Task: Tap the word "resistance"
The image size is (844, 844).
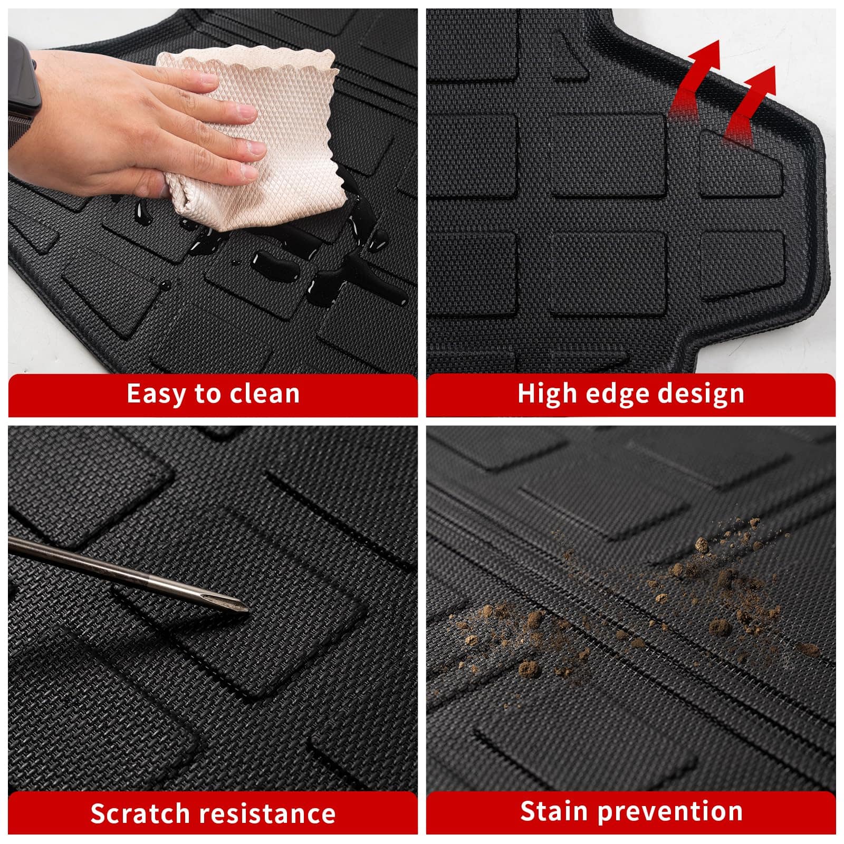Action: tap(268, 813)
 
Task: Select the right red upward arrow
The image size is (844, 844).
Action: tap(750, 103)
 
